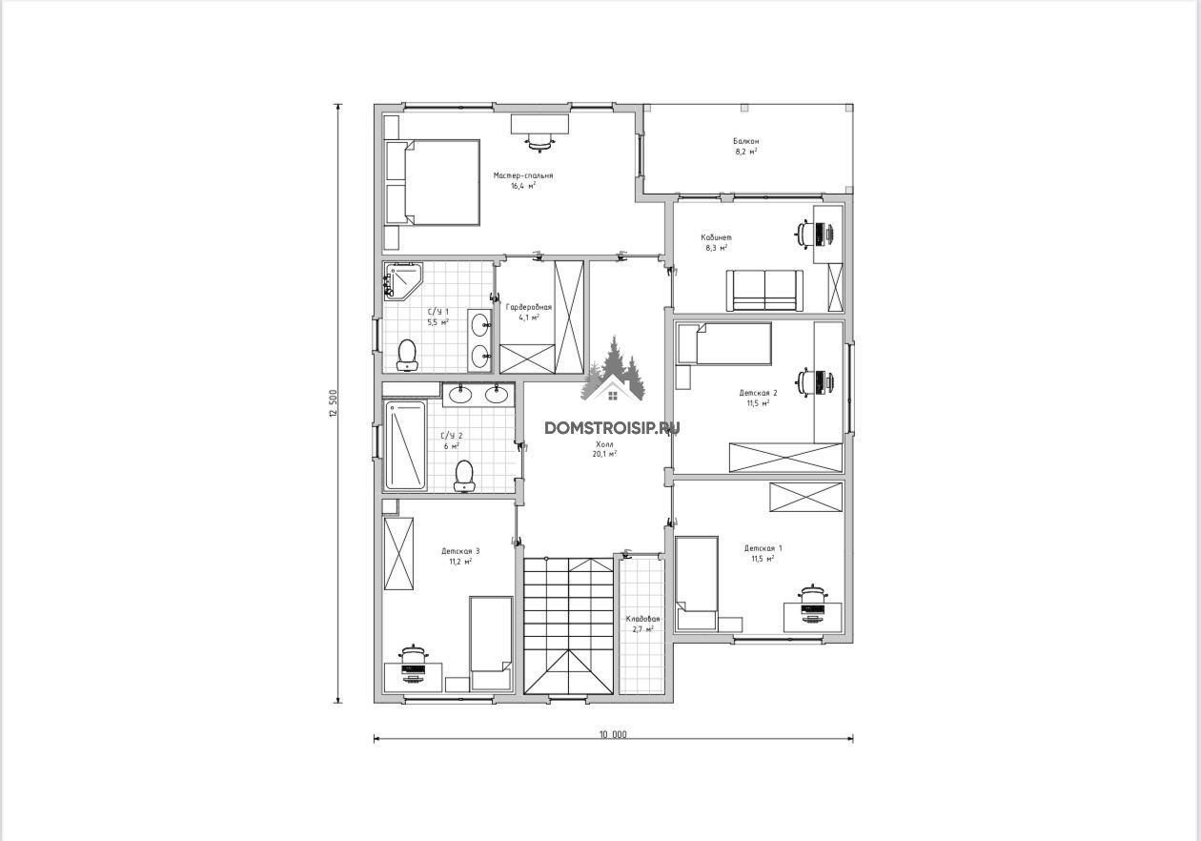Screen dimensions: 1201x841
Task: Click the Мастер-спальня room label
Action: coord(523,175)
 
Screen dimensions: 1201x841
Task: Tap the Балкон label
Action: coord(746,141)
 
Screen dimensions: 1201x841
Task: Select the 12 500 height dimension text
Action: coord(333,403)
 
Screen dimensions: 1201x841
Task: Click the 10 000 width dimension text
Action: coord(613,735)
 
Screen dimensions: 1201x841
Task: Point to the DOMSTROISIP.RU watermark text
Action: coord(612,428)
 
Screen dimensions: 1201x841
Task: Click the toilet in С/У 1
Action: coord(408,355)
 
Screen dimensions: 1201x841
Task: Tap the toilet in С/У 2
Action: coord(464,477)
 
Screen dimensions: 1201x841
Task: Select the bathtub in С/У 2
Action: coord(406,445)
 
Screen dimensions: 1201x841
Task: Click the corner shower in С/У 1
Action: coord(402,279)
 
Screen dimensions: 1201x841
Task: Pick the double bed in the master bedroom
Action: coord(433,182)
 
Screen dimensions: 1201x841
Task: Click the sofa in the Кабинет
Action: coord(764,290)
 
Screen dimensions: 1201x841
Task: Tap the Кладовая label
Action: coord(642,619)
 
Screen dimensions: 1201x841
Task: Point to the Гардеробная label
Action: coord(529,307)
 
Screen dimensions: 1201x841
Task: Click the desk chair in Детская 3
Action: coord(414,654)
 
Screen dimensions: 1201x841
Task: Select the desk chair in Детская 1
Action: coord(813,594)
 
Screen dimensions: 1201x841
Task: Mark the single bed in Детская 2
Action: coord(724,343)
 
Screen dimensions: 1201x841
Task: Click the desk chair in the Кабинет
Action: coord(804,234)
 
